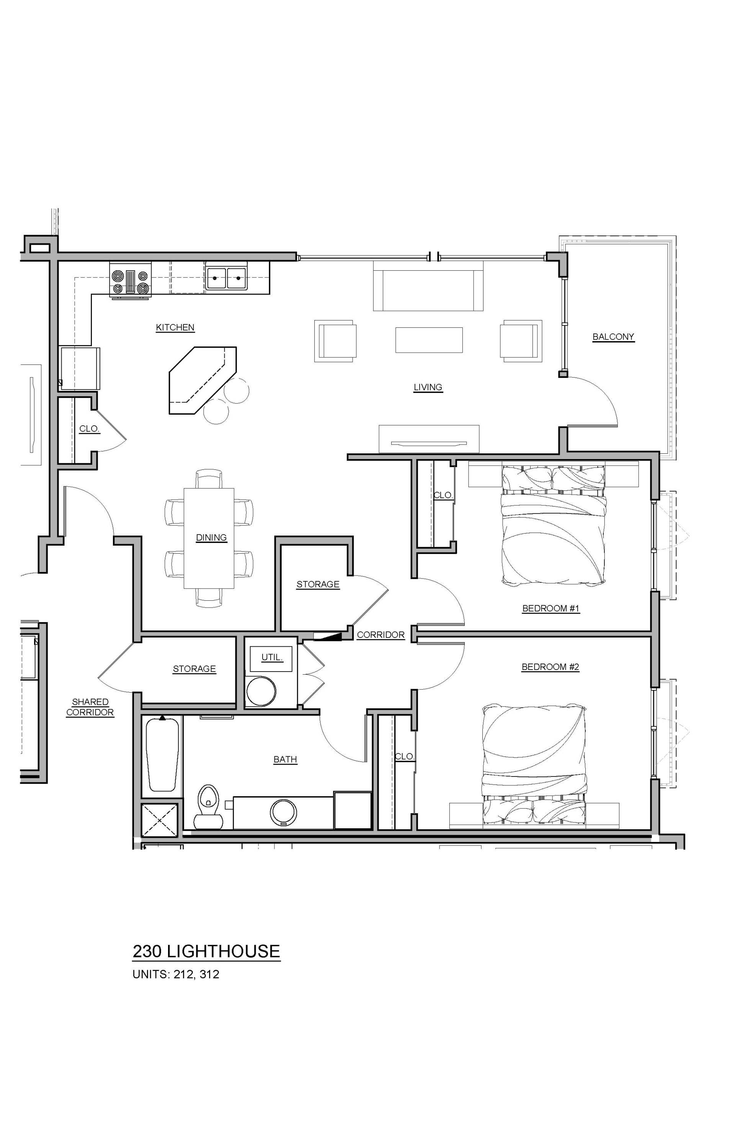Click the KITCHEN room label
tap(175, 327)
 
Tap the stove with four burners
tap(130, 281)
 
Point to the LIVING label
tap(428, 387)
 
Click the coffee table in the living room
tap(429, 340)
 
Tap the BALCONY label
tap(613, 337)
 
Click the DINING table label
tap(211, 538)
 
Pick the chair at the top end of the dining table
tap(209, 478)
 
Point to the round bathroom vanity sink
tap(284, 812)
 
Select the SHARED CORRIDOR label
tap(90, 707)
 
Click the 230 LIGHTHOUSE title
tap(206, 951)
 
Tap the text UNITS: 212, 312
tap(176, 974)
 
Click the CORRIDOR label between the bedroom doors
tap(381, 635)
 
